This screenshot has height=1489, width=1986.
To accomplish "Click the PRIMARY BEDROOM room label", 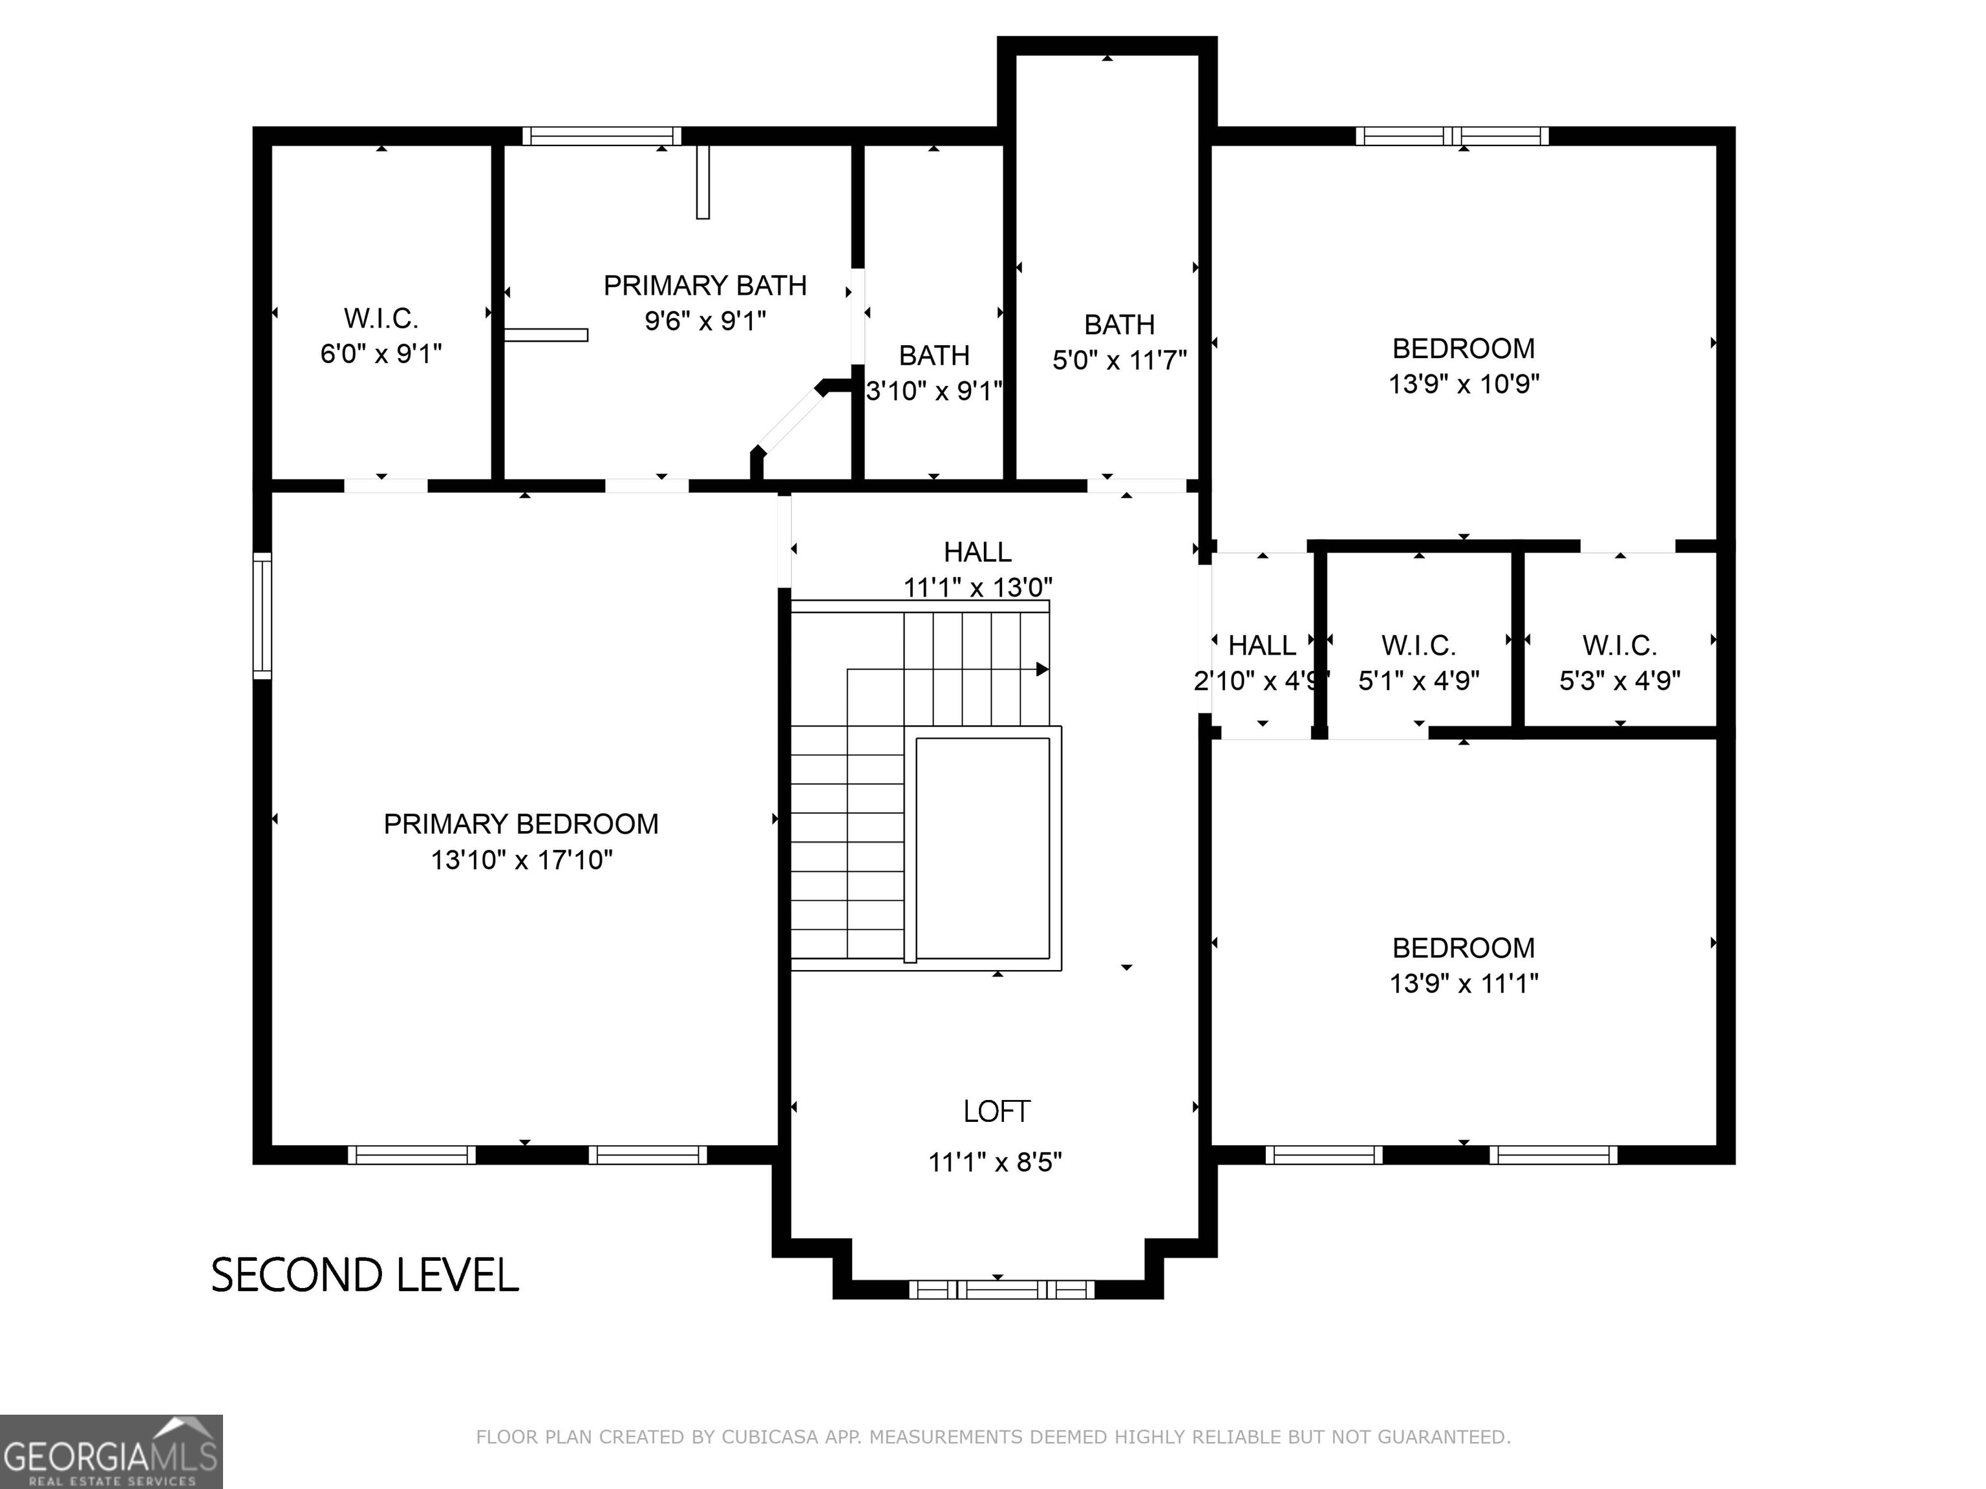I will [520, 823].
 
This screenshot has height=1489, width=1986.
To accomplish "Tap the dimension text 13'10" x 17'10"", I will [520, 860].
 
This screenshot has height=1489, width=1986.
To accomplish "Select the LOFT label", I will [996, 1111].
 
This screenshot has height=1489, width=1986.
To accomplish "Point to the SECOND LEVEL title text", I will [365, 1275].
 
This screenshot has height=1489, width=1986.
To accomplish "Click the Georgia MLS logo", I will [111, 1452].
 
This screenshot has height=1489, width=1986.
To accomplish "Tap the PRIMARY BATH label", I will [705, 286].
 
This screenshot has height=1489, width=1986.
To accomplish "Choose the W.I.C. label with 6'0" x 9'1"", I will [381, 318].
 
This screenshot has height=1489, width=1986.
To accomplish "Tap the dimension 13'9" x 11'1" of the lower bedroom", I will [1464, 983].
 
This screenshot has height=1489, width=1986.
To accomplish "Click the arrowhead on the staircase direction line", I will [1042, 670].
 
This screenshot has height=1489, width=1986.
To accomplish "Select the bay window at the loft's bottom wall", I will [1001, 1290].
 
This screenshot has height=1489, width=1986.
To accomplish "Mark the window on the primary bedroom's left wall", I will [262, 616].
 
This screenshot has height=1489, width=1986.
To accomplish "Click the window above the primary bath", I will [601, 136].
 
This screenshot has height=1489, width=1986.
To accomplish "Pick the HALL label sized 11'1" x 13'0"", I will [977, 551].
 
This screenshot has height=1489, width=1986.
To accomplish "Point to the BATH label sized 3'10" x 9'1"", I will [934, 355].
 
